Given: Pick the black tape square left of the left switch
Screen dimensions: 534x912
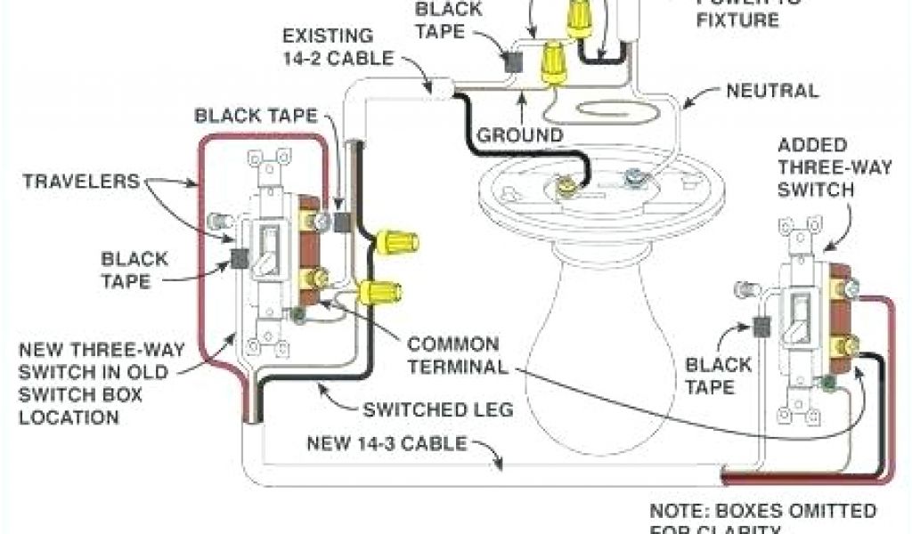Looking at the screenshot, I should [239, 258].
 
